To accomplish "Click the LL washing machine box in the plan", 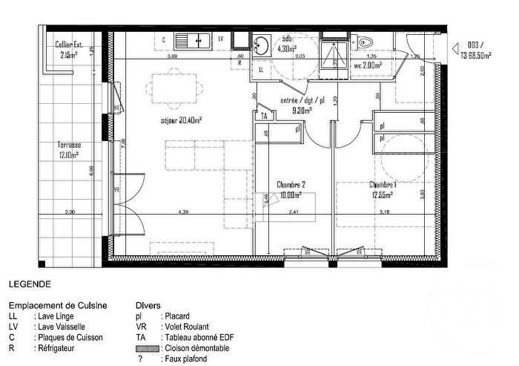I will tap(262, 69).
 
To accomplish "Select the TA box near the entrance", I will tap(263, 117).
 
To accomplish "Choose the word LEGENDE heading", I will tap(29, 284).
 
